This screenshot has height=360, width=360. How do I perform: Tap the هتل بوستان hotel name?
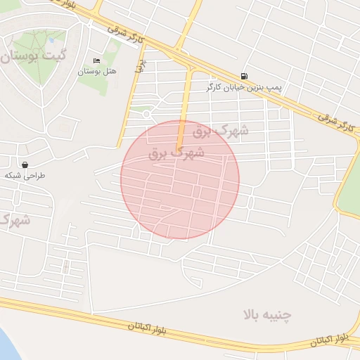pos(97,72)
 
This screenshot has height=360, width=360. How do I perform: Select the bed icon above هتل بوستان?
pos(96,60)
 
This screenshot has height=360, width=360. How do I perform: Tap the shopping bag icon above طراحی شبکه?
pos(25,165)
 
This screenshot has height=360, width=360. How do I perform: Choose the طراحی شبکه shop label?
pos(25,176)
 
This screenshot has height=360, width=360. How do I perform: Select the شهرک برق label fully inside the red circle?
pos(176,152)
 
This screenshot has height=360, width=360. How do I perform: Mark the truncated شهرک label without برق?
pos(14,220)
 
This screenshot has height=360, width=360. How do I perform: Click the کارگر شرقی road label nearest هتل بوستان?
pos(127,35)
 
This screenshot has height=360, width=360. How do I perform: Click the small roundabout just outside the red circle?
pos(146,112)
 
